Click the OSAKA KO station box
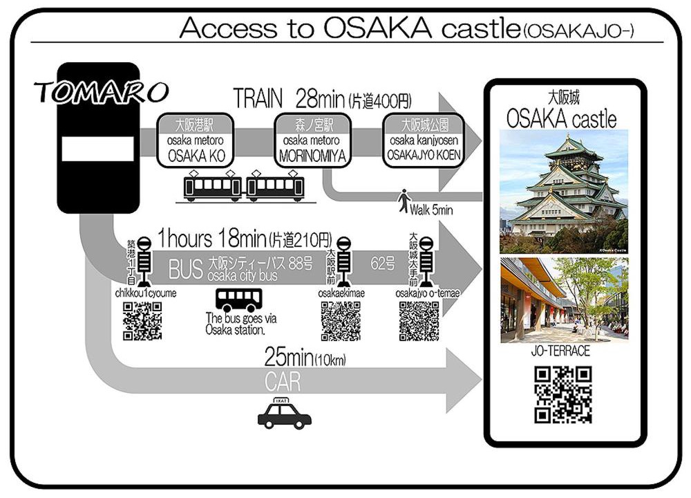tap(196, 140)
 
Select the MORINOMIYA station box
tap(312, 140)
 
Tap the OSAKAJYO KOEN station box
tap(424, 140)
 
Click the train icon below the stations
tap(244, 186)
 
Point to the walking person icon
tap(404, 201)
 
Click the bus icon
tap(239, 300)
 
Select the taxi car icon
tap(284, 414)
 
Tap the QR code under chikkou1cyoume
tap(142, 321)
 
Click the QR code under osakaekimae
tap(341, 321)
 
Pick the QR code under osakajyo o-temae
tap(419, 321)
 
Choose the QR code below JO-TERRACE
tap(563, 395)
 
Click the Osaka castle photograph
tap(564, 192)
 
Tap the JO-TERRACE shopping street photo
tap(564, 300)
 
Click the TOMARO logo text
tap(102, 92)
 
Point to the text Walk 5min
tap(431, 210)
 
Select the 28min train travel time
tap(321, 98)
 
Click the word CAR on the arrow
tap(283, 382)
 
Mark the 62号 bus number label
tap(383, 264)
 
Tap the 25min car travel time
tap(289, 356)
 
